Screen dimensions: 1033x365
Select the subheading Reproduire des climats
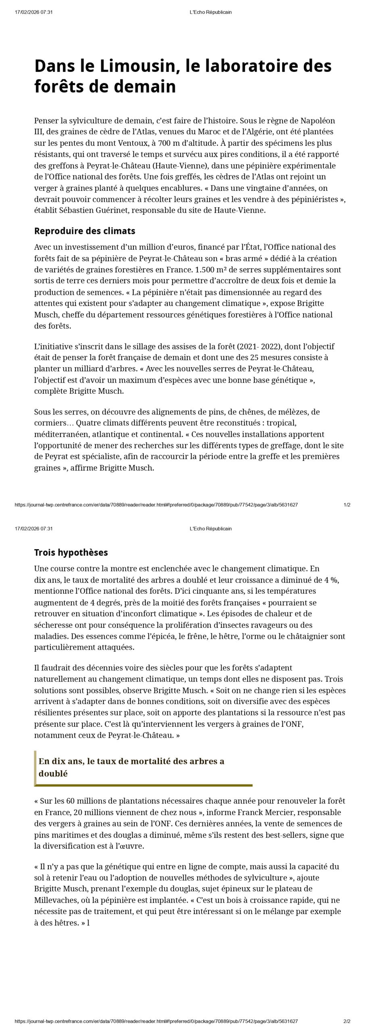[x=85, y=231]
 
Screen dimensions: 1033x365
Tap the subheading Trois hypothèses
[x=71, y=552]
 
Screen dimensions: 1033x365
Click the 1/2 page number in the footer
[x=347, y=505]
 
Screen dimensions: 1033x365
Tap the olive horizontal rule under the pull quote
[x=144, y=785]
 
